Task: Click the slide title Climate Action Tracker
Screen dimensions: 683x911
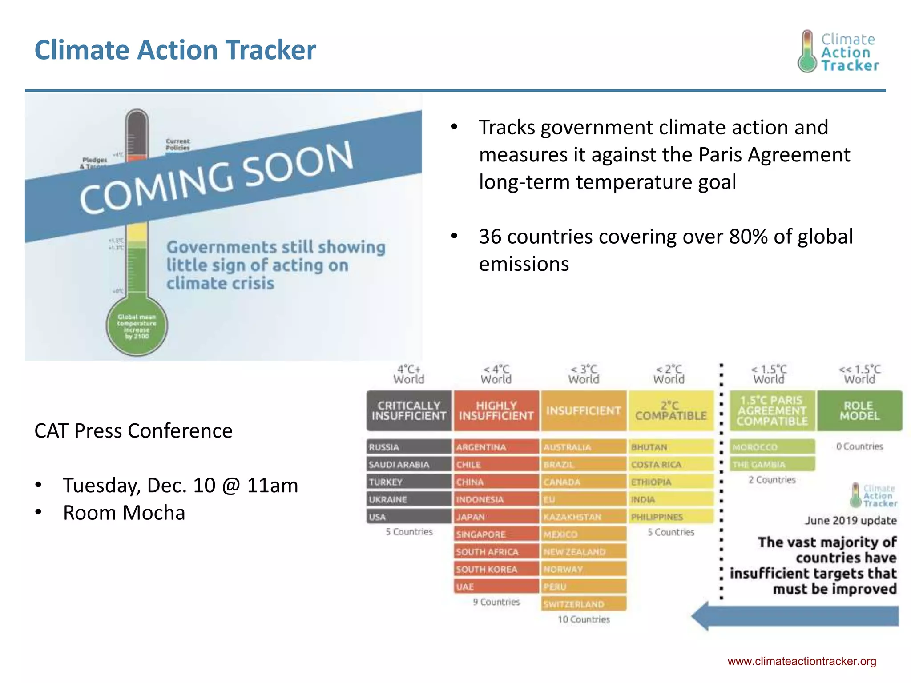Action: [x=175, y=50]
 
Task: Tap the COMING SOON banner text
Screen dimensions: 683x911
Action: [x=216, y=178]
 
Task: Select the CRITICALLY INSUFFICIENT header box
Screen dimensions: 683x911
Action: [x=409, y=410]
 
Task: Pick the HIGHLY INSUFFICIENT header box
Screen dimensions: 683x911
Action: [x=496, y=410]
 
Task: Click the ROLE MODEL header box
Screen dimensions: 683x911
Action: [x=859, y=410]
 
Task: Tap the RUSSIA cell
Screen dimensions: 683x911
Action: [x=409, y=447]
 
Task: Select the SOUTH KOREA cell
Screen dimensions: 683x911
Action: [x=496, y=569]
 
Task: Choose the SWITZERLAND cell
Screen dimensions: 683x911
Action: [x=584, y=604]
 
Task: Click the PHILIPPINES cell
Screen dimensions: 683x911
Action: [x=671, y=517]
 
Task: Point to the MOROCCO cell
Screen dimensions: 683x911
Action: [x=772, y=447]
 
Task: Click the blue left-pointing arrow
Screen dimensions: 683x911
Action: [x=795, y=616]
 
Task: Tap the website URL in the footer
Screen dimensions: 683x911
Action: [x=802, y=661]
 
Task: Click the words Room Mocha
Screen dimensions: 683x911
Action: [x=124, y=513]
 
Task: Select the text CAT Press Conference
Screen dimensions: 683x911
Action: [x=133, y=430]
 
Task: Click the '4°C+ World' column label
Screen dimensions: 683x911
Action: [x=409, y=374]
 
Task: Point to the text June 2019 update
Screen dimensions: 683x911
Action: [x=851, y=520]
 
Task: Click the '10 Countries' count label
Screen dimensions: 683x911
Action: [x=584, y=619]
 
